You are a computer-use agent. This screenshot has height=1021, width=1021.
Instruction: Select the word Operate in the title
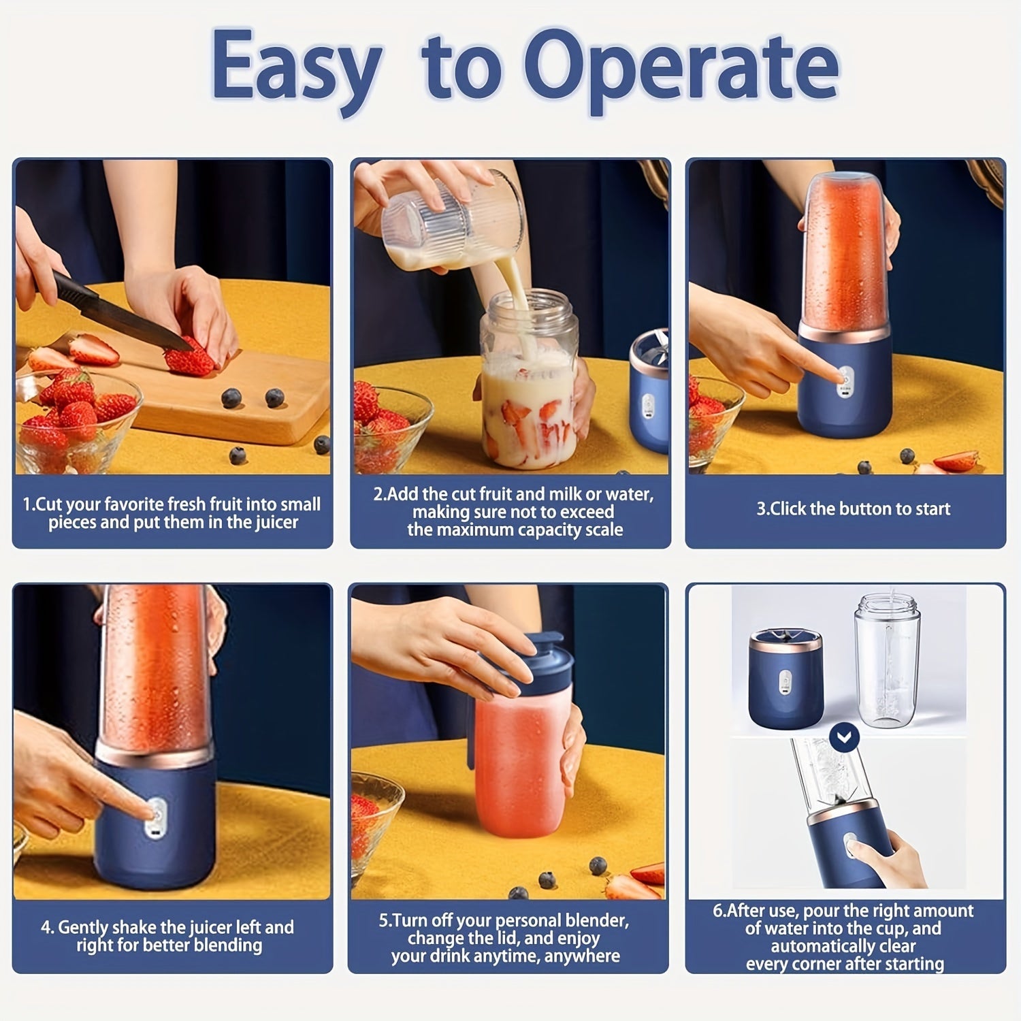[681, 68]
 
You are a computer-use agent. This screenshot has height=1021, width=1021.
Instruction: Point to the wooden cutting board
[225, 402]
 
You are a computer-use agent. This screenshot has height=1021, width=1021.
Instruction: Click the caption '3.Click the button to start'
[853, 509]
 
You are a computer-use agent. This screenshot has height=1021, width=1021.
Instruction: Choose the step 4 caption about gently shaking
[168, 936]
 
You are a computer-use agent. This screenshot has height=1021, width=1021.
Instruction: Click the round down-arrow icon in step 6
[845, 736]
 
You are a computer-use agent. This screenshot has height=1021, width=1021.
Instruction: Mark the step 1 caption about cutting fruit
[172, 513]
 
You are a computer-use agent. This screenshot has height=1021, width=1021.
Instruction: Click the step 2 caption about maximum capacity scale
[514, 512]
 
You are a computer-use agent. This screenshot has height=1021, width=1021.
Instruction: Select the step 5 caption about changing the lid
[504, 938]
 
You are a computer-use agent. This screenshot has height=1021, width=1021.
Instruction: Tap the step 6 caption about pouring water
[844, 937]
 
